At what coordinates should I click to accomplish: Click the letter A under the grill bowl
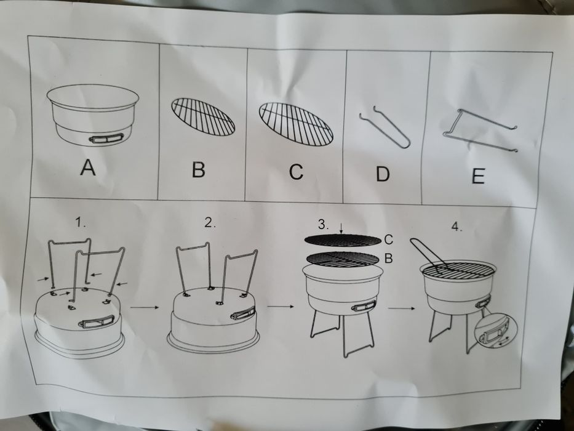[89, 167]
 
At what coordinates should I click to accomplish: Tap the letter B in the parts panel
[198, 169]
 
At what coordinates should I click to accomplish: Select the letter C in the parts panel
[296, 172]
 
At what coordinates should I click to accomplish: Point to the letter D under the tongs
[383, 174]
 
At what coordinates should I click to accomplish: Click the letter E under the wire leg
[478, 176]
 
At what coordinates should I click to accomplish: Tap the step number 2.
[210, 224]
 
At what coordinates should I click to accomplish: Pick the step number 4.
[456, 227]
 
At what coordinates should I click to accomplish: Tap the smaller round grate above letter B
[202, 116]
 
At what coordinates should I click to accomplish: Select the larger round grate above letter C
[296, 123]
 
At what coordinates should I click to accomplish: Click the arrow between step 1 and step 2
[145, 304]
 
